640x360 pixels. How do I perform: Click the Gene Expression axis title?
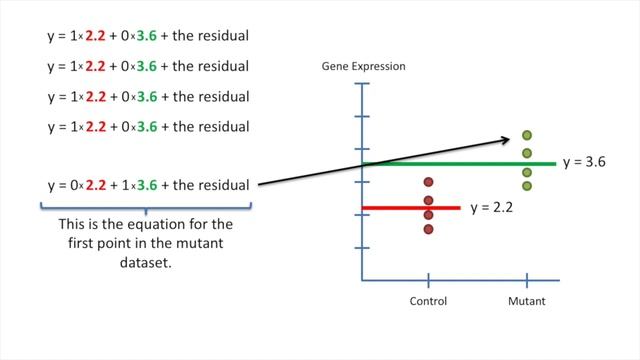pos(363,67)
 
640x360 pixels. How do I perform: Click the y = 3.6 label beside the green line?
pos(585,161)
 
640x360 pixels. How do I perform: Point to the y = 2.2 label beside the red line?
pos(490,208)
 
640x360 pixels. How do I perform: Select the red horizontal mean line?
pos(410,208)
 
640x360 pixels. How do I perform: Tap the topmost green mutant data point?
pos(527,136)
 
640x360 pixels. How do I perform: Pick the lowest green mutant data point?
pos(527,185)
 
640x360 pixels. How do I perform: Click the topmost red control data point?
pos(428,182)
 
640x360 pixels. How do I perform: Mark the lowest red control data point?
pos(428,229)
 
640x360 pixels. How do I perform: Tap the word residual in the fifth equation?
pos(226,185)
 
